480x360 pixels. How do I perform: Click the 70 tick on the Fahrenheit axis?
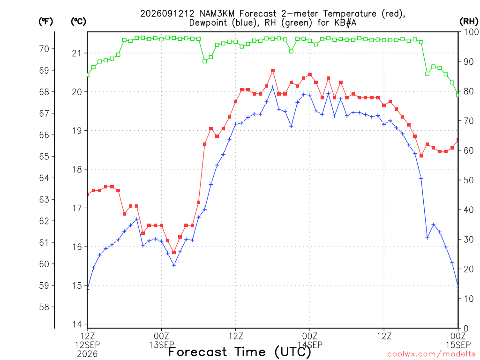coord(44,49)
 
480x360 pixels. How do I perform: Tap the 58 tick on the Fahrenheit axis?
coord(44,307)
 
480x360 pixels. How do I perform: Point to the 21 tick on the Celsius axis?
coord(77,53)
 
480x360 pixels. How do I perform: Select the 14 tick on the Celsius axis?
coord(77,324)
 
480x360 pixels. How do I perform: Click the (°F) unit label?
coord(45,22)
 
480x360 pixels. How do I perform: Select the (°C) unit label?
coord(78,22)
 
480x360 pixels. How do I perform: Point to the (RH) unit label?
coord(469,22)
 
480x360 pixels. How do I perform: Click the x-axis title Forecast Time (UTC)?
coord(240,352)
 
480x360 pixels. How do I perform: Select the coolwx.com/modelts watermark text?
coord(433,354)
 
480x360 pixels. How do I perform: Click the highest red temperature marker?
coord(273,71)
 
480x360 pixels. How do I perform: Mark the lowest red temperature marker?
coord(174,252)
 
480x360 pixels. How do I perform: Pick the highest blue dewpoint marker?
coord(273,87)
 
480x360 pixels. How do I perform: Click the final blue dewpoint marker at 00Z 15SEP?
coord(458,286)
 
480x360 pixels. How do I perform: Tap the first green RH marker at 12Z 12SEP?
coord(88,75)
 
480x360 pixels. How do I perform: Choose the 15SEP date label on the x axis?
coord(458,345)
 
